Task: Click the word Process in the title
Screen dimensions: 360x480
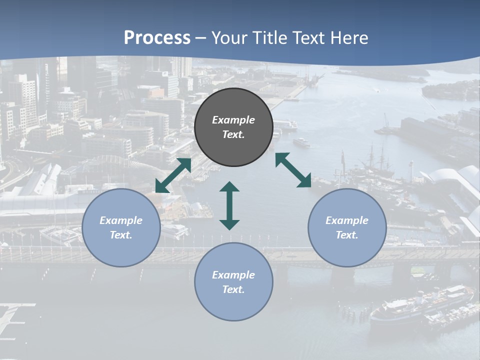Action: pyautogui.click(x=157, y=38)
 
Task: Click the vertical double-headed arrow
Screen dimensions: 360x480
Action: pyautogui.click(x=229, y=205)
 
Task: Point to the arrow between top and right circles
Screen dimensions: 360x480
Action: pyautogui.click(x=293, y=170)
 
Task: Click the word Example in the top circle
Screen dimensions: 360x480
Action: pyautogui.click(x=233, y=120)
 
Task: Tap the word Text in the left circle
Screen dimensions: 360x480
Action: pyautogui.click(x=121, y=235)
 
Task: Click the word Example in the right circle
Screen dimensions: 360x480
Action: pyautogui.click(x=347, y=220)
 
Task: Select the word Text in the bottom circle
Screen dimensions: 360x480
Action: pyautogui.click(x=233, y=289)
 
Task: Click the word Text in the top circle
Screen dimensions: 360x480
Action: pyautogui.click(x=233, y=134)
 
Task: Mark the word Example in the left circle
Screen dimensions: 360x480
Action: pyautogui.click(x=121, y=220)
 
